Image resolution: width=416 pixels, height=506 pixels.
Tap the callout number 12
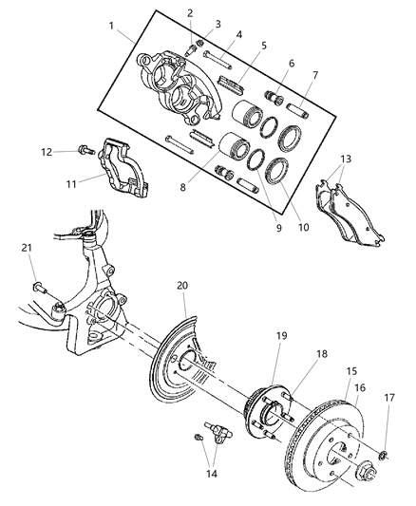click(46, 150)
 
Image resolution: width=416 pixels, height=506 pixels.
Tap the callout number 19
click(281, 336)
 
